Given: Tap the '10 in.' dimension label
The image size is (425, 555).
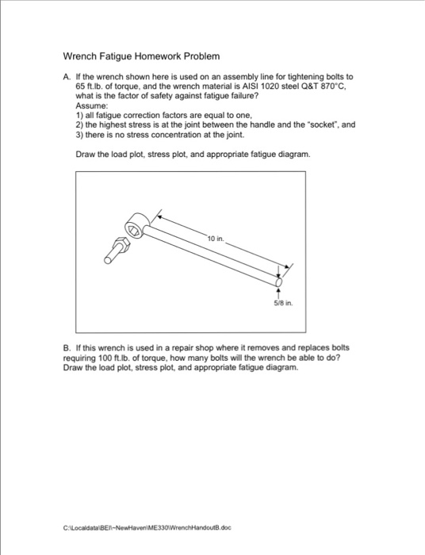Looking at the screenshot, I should pos(216,237).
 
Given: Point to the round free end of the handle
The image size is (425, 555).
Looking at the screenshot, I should pos(278,281).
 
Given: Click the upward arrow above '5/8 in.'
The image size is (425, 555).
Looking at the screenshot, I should pos(278,292).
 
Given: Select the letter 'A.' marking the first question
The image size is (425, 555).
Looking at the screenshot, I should pos(66,75).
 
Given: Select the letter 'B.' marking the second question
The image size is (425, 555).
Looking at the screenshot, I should pos(66,347).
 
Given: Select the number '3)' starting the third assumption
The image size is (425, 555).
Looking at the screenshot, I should pos(79,136).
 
